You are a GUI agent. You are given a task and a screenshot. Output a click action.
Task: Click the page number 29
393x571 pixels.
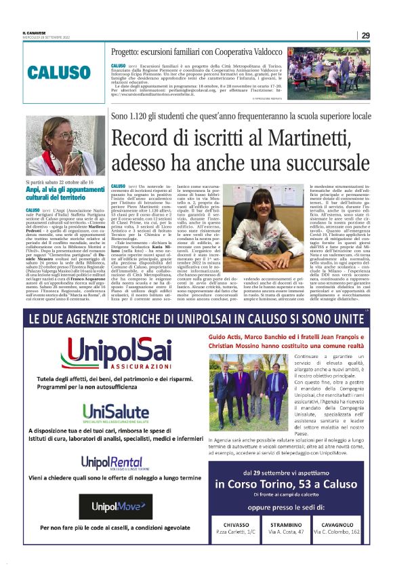point(365,35)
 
